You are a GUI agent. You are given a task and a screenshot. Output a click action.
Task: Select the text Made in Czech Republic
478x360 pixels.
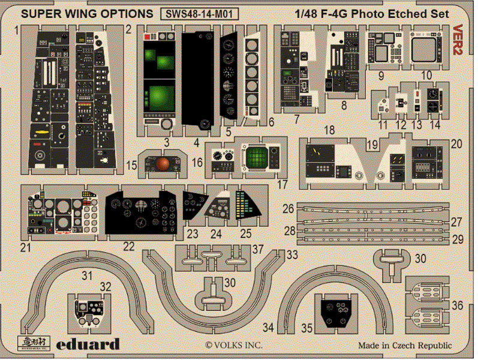[405, 346]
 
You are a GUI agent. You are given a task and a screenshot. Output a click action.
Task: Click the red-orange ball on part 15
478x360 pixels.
[163, 164]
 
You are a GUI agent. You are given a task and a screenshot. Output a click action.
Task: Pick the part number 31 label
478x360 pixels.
[88, 276]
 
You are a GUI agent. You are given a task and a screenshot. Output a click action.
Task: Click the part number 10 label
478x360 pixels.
[426, 76]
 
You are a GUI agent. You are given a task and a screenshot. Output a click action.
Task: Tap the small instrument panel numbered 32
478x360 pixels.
[88, 311]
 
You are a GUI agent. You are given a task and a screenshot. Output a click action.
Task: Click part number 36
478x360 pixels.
[457, 305]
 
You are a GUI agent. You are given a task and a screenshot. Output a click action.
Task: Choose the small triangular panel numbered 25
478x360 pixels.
[248, 208]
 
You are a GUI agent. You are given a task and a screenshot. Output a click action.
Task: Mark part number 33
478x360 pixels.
[292, 254]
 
